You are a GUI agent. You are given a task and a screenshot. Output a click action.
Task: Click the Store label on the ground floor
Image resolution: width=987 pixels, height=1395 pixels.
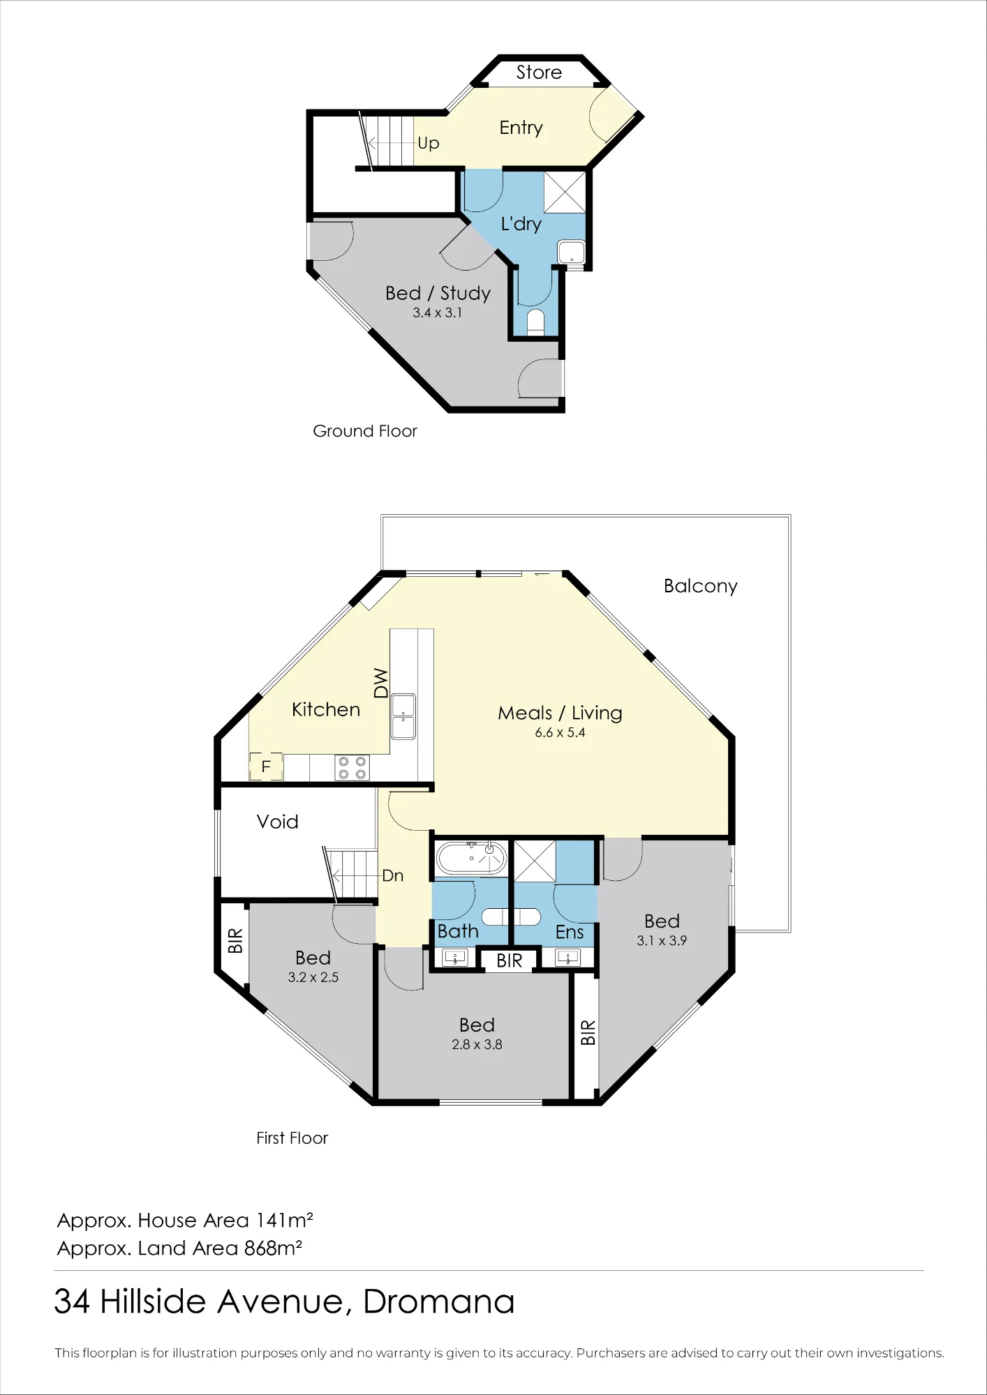click(x=539, y=73)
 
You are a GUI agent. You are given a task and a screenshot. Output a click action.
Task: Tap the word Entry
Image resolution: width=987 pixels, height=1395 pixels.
click(x=521, y=128)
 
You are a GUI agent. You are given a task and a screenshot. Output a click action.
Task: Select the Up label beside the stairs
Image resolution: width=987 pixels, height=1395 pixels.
click(x=429, y=144)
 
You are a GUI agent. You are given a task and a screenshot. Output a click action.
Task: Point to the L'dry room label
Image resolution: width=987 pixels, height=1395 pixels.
click(x=521, y=224)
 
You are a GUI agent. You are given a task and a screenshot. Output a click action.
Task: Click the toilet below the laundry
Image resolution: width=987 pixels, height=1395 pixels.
click(x=535, y=322)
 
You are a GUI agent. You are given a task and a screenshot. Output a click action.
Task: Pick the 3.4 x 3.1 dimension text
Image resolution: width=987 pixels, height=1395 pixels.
click(x=437, y=312)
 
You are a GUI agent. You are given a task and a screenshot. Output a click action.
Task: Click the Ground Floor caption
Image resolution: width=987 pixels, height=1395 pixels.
click(x=364, y=431)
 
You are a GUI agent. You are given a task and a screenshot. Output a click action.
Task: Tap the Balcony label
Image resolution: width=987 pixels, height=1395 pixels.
click(x=700, y=586)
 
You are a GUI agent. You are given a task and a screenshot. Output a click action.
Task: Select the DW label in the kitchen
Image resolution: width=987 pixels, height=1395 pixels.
click(x=380, y=683)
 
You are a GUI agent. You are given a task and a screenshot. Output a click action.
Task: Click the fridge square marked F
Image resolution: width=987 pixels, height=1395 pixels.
click(x=266, y=767)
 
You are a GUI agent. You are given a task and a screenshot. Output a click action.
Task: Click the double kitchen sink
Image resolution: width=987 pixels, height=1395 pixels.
click(x=403, y=716)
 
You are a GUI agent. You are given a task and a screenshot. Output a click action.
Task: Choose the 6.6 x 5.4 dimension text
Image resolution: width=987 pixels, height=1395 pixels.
click(x=560, y=732)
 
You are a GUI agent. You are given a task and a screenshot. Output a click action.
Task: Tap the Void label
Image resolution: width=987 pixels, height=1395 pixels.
click(x=277, y=822)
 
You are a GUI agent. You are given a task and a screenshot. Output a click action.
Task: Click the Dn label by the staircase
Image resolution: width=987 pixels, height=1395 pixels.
click(x=393, y=876)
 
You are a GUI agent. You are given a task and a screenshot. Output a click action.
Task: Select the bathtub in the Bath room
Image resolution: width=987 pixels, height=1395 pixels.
click(x=470, y=858)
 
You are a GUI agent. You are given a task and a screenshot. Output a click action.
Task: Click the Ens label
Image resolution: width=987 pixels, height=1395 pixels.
click(x=569, y=932)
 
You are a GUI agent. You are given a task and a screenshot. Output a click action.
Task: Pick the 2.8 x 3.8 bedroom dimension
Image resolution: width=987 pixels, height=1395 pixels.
click(x=477, y=1044)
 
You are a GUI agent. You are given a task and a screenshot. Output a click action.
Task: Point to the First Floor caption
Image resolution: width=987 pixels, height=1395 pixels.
click(x=292, y=1138)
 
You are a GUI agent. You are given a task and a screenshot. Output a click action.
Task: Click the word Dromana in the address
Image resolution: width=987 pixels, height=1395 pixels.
click(x=439, y=1302)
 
